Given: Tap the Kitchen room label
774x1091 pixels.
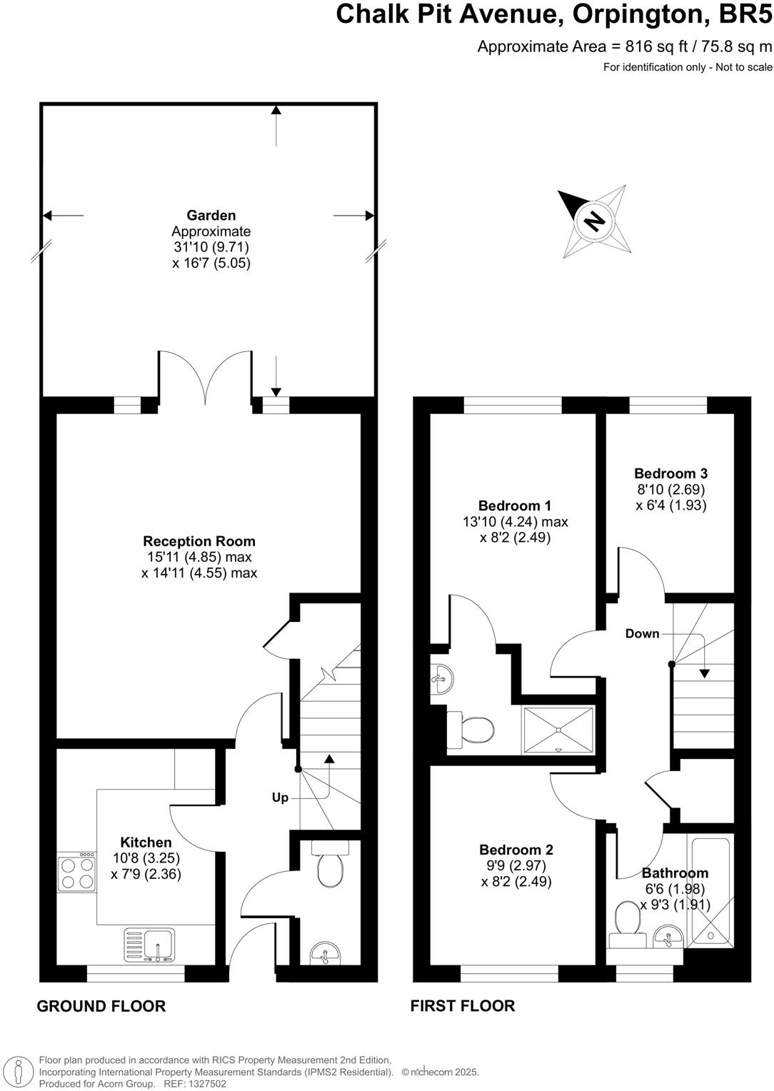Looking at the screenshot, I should click(x=146, y=843).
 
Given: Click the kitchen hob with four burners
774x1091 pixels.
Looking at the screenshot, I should click(x=76, y=873).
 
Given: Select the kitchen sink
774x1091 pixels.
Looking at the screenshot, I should click(x=154, y=944).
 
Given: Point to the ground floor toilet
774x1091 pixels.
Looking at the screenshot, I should click(x=330, y=865).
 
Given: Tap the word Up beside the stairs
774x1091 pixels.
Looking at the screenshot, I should click(x=280, y=798).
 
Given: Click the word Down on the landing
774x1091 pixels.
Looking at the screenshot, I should click(x=642, y=633).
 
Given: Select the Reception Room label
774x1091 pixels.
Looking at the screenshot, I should click(x=198, y=541).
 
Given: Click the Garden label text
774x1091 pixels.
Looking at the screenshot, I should click(x=211, y=215).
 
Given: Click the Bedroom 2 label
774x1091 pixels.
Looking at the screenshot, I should click(x=516, y=850).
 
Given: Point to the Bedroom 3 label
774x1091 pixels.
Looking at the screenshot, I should click(x=670, y=473).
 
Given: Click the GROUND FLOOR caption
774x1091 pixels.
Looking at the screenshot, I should click(x=101, y=1006).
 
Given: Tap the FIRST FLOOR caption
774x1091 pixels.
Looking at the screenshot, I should click(x=462, y=1005).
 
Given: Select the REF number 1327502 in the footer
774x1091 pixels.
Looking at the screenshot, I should click(x=205, y=1083).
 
